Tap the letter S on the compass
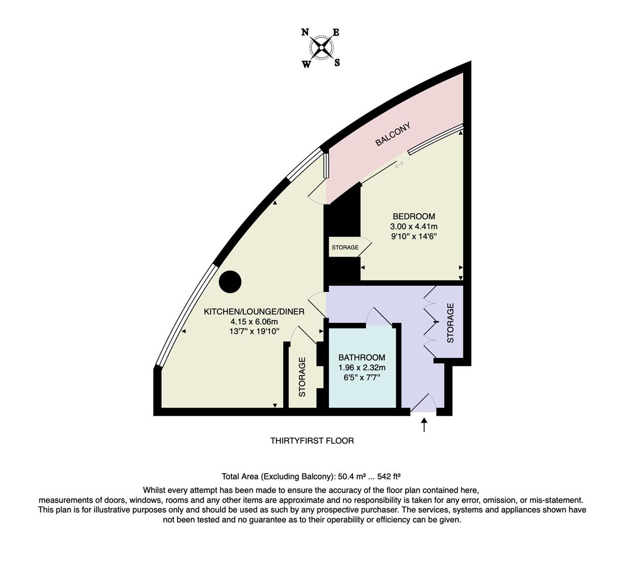click(337, 63)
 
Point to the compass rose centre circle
click(322, 48)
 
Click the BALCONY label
click(393, 134)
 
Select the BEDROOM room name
click(414, 217)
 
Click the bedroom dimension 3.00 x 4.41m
click(414, 226)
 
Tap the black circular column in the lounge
click(230, 282)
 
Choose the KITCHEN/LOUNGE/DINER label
click(254, 312)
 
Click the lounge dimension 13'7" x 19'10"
click(254, 331)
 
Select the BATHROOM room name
click(362, 357)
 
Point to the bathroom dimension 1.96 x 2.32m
click(362, 368)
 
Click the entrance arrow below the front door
click(424, 424)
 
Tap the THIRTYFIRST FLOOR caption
click(312, 441)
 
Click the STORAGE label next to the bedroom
click(345, 247)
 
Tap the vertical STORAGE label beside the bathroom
click(303, 377)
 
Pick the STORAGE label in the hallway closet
click(450, 323)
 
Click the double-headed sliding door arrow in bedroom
click(400, 165)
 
